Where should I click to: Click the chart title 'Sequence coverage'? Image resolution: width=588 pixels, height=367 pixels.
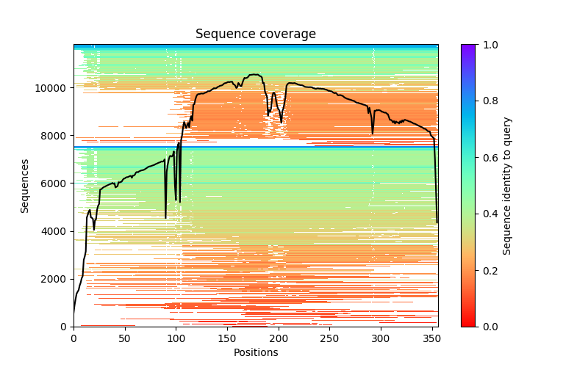click(256, 34)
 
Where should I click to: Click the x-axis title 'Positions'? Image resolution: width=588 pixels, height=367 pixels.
click(256, 352)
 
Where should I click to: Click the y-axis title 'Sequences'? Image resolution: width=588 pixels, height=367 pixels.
click(25, 186)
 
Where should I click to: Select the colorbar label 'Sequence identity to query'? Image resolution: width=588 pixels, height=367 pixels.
click(507, 186)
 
